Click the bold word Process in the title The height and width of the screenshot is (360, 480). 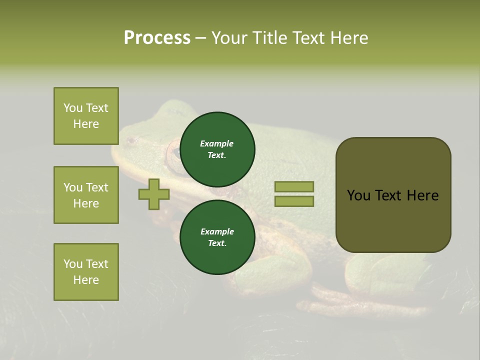pyautogui.click(x=157, y=38)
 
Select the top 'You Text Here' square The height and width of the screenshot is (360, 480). pyautogui.click(x=86, y=116)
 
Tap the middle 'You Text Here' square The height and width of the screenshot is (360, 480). pyautogui.click(x=86, y=195)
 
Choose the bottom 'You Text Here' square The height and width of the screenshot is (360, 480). pyautogui.click(x=86, y=272)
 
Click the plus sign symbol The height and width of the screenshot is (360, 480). pyautogui.click(x=154, y=194)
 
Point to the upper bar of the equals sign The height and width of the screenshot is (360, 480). pyautogui.click(x=294, y=187)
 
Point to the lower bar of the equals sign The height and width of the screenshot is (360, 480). pyautogui.click(x=294, y=201)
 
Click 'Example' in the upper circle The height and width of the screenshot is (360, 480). pyautogui.click(x=216, y=143)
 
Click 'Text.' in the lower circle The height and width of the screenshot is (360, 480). pyautogui.click(x=217, y=243)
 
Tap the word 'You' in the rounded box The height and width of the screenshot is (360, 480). pyautogui.click(x=359, y=195)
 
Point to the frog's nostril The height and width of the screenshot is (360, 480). pyautogui.click(x=131, y=141)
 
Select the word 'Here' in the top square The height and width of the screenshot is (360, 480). pyautogui.click(x=86, y=124)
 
